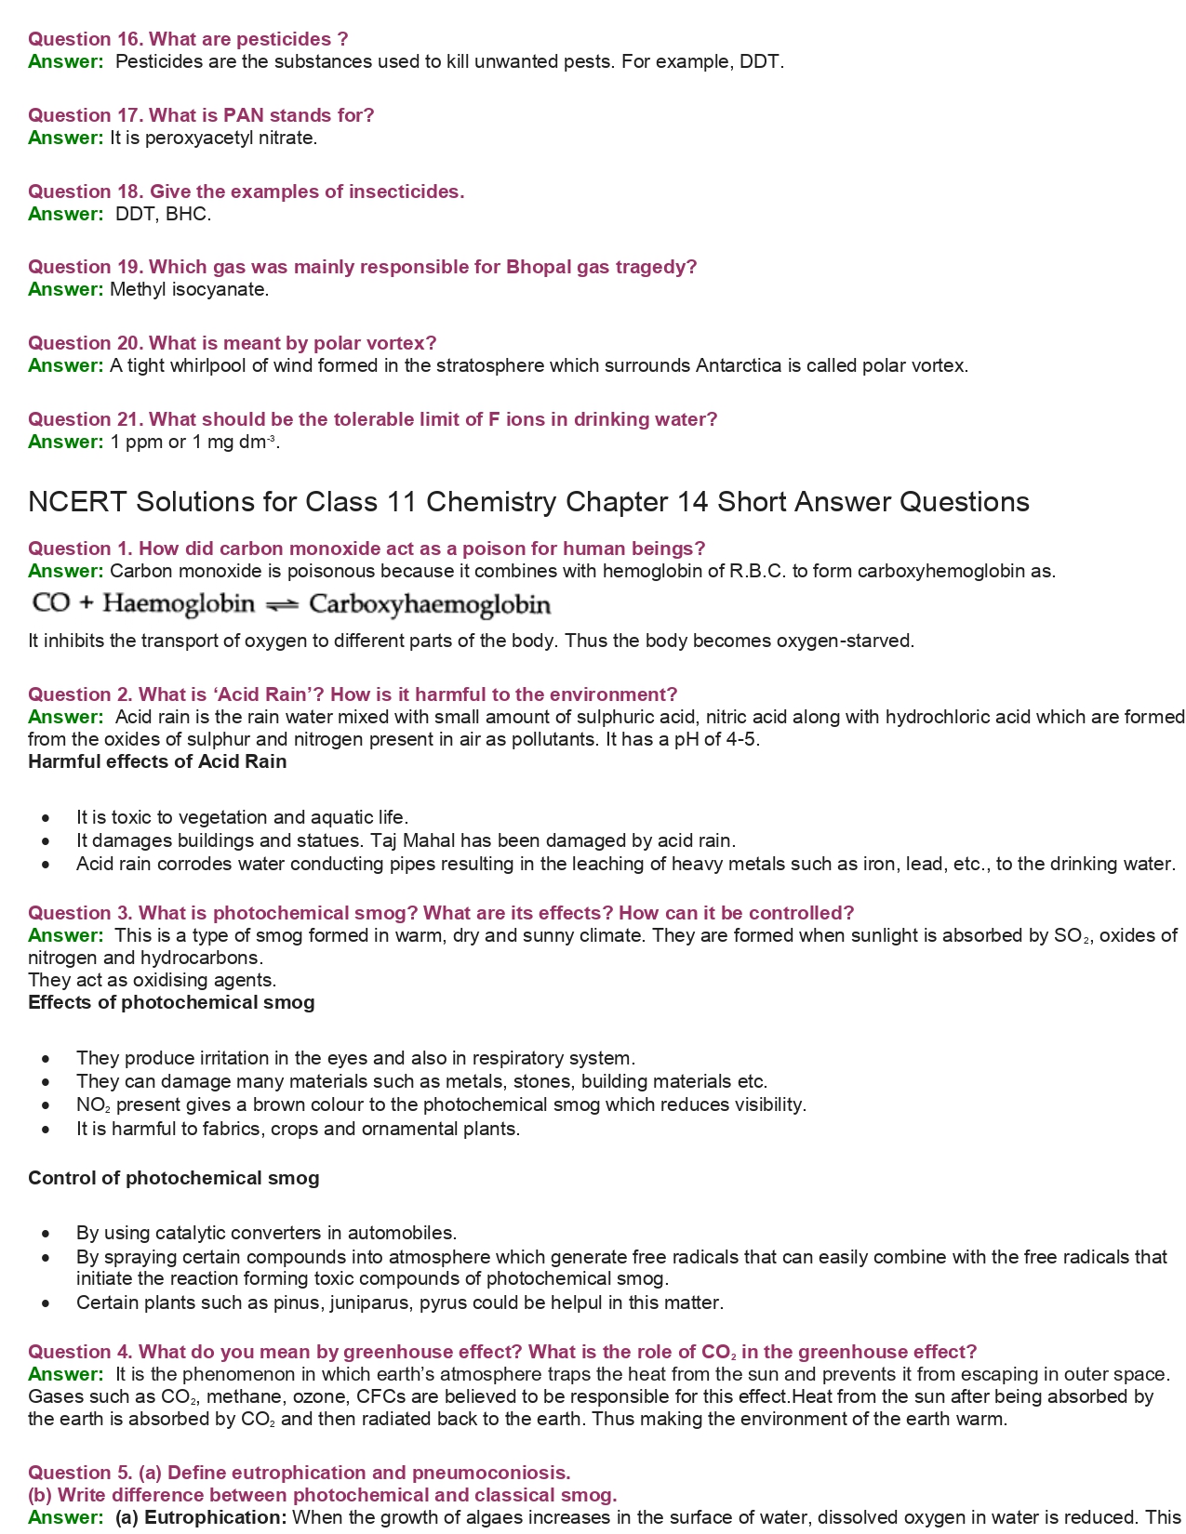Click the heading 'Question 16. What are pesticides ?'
point(188,39)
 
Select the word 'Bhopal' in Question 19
point(539,267)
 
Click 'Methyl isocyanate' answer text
point(189,289)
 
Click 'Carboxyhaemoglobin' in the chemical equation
point(430,605)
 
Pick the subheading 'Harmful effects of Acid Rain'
point(157,761)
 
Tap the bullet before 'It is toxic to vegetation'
point(47,818)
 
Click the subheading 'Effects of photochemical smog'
point(171,1002)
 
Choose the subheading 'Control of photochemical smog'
point(173,1178)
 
